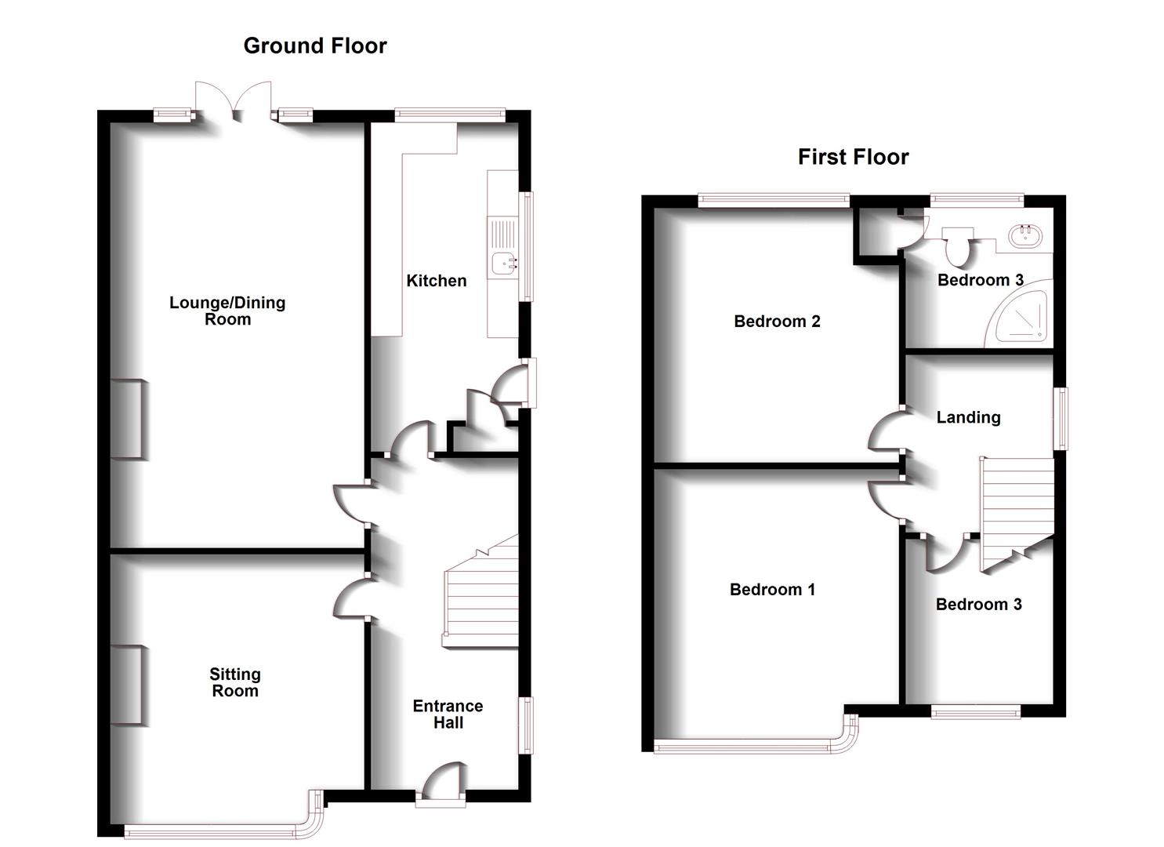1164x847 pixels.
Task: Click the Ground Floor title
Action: tap(315, 45)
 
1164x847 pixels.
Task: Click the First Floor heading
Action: tap(853, 157)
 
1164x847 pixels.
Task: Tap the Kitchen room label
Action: tap(436, 281)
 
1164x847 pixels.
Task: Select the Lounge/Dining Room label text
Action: tap(227, 311)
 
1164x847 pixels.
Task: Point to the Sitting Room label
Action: tap(234, 682)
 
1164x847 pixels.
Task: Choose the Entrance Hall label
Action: tap(448, 714)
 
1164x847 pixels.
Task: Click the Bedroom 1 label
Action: tap(772, 590)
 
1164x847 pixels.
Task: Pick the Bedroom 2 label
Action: tap(777, 322)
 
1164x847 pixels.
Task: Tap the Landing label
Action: tap(968, 417)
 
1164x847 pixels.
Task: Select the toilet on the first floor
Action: tap(957, 246)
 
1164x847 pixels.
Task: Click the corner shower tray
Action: tap(1019, 318)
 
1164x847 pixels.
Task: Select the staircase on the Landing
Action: tap(1016, 510)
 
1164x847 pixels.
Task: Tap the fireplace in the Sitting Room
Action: tap(127, 685)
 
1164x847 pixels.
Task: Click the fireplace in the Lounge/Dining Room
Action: tap(127, 419)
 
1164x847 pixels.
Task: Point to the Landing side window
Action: tap(1060, 418)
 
